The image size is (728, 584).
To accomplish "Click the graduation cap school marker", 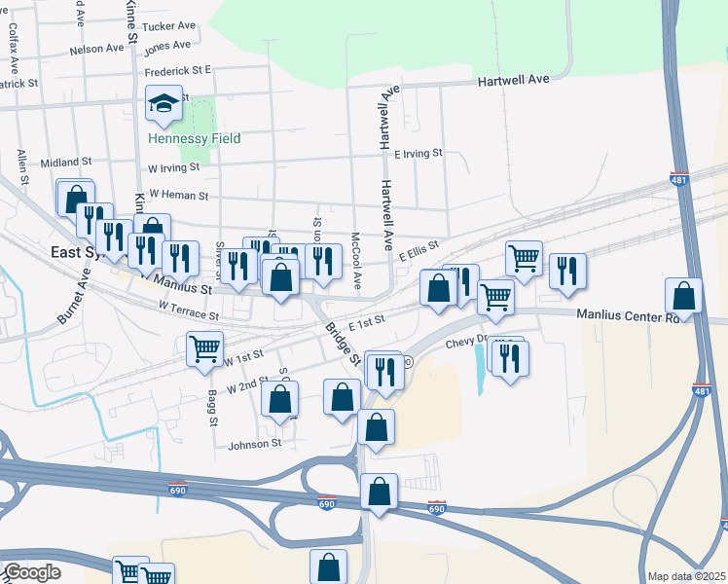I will pyautogui.click(x=164, y=102).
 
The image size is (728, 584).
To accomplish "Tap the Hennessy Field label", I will pyautogui.click(x=195, y=138).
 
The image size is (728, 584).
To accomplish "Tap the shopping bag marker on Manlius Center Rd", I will pyautogui.click(x=683, y=297).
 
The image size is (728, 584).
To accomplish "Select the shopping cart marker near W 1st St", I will pyautogui.click(x=204, y=348).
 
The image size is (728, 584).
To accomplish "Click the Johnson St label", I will pyautogui.click(x=254, y=444).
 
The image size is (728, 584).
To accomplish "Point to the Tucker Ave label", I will pyautogui.click(x=168, y=27).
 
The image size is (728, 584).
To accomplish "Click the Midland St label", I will pyautogui.click(x=66, y=162).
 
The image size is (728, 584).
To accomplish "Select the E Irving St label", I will pyautogui.click(x=418, y=153).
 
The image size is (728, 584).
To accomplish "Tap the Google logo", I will pyautogui.click(x=32, y=572).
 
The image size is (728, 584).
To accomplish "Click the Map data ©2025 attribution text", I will pyautogui.click(x=685, y=576).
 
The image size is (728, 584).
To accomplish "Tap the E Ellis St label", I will pyautogui.click(x=419, y=250).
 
